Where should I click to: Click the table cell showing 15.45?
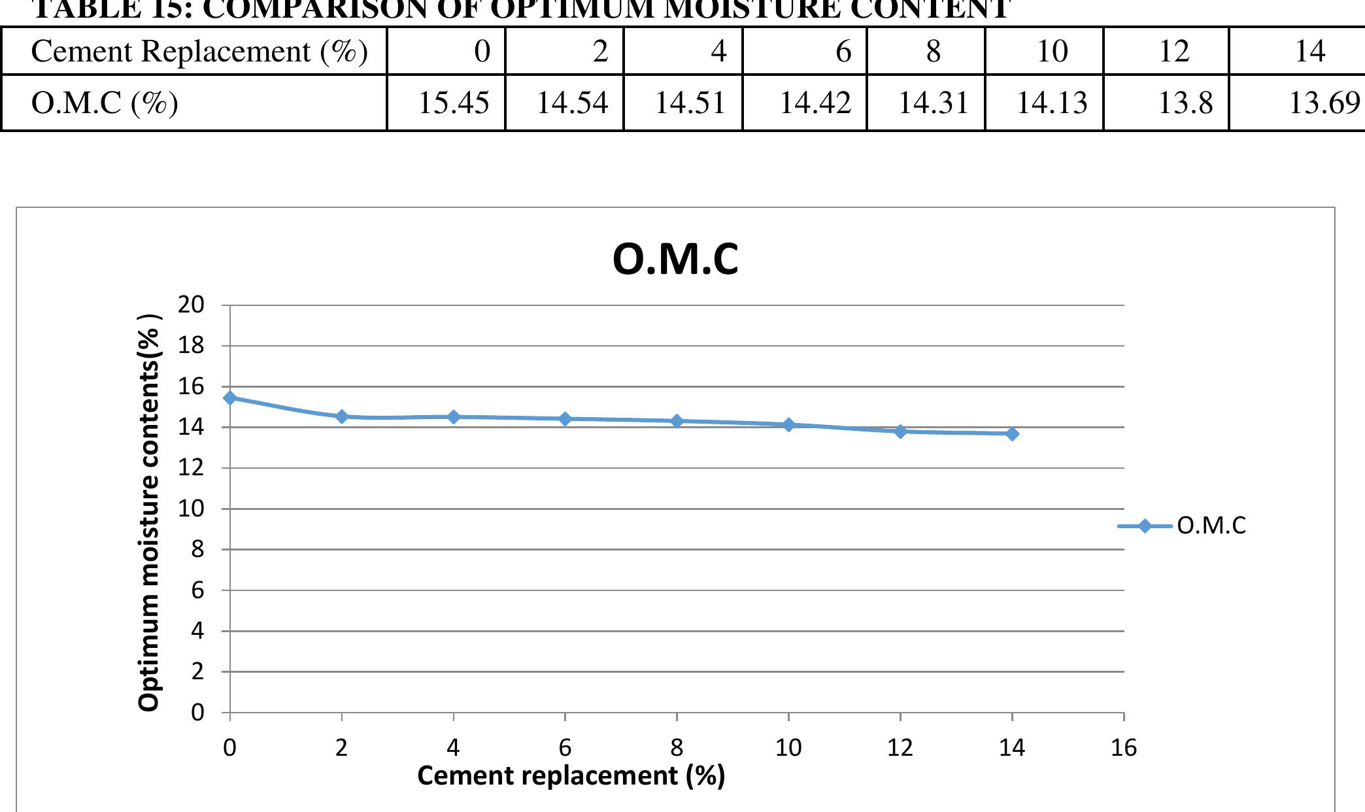coord(453,103)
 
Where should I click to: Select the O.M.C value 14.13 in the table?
coord(1051,103)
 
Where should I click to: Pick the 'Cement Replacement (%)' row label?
coord(199,51)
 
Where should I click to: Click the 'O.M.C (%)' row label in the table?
coord(105,103)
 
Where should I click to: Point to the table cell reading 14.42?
coord(815,103)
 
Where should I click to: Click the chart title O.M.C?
coord(675,260)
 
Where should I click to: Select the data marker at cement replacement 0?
coord(230,398)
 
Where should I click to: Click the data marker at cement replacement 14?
coord(1012,433)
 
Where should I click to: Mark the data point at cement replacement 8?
coord(677,421)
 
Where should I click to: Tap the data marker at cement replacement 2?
coord(342,416)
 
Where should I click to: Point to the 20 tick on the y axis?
coord(191,305)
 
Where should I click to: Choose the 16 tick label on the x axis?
coord(1124,747)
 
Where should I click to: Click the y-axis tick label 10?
coord(191,509)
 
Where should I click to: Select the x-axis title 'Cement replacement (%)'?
coord(571,776)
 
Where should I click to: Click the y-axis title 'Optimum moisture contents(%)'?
coord(149,513)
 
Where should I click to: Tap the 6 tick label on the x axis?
coord(565,747)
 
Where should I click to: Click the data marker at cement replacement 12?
coord(900,431)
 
